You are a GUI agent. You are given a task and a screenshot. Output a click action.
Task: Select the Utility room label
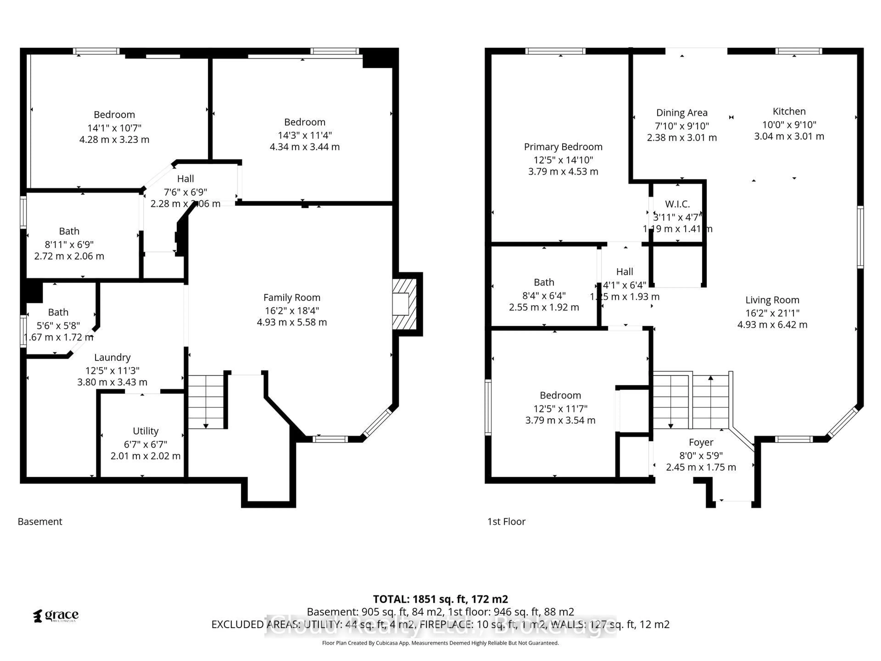click(x=145, y=431)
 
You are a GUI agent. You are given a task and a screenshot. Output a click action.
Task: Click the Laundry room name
click(x=112, y=357)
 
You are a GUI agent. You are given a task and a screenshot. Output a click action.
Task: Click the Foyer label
click(x=701, y=442)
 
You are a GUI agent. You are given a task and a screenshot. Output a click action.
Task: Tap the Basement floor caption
click(x=40, y=521)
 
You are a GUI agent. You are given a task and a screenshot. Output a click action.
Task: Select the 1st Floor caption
click(x=506, y=521)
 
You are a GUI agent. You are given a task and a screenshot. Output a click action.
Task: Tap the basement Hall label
click(x=186, y=179)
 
